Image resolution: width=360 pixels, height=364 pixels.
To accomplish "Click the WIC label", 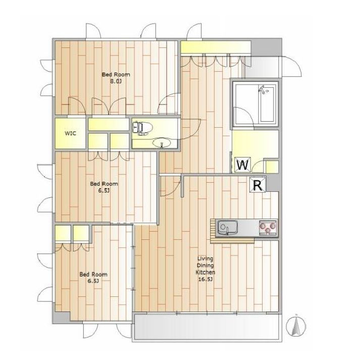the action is tap(70, 133).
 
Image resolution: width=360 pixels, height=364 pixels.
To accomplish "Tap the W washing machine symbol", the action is tap(242, 165).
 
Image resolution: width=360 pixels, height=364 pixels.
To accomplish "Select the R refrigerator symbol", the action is tap(258, 185).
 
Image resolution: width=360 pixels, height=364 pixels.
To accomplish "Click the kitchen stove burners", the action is tap(268, 227).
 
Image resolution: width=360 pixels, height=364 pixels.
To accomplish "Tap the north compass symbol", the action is tap(296, 326).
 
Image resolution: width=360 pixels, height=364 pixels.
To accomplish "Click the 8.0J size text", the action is tap(116, 81).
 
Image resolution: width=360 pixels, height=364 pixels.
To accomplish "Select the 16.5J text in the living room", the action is tap(205, 279).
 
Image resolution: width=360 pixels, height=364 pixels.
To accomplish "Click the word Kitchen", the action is tap(205, 272).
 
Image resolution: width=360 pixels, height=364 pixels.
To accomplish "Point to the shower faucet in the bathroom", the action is tap(263, 89).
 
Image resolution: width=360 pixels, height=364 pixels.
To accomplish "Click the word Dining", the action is tap(205, 266).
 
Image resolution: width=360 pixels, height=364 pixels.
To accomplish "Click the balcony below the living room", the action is tap(207, 327).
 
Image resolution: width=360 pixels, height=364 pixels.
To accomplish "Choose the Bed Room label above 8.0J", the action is tap(116, 75).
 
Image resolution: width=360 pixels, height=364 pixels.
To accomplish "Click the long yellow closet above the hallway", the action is tap(216, 47).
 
